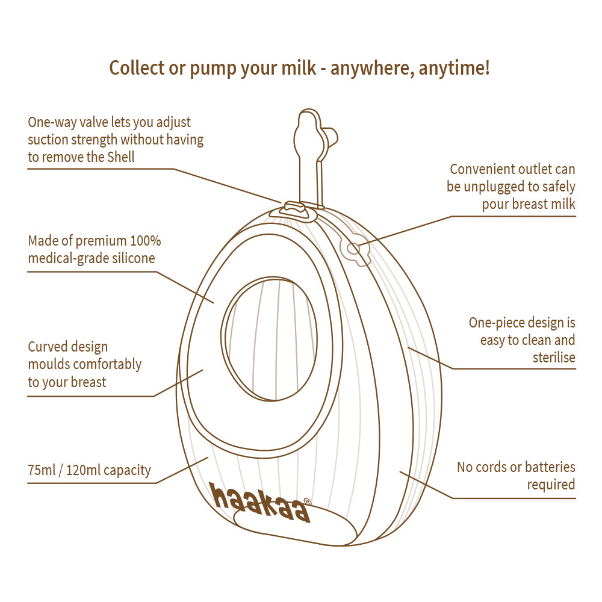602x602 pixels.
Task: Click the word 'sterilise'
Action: (554, 358)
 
